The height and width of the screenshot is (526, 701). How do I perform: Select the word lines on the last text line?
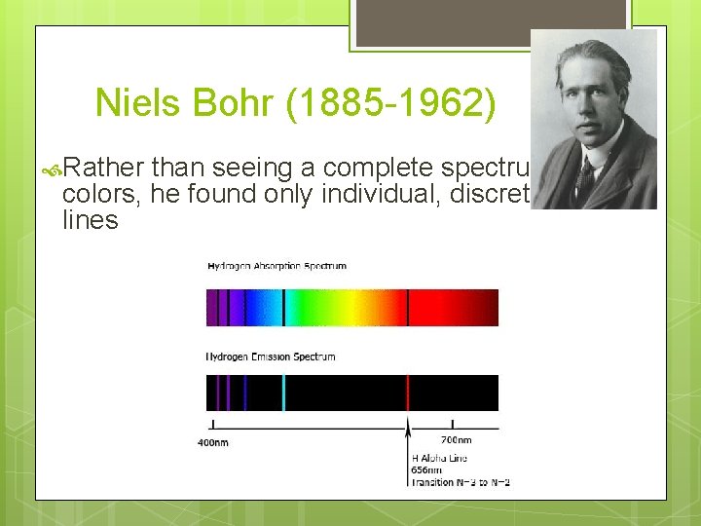click(90, 221)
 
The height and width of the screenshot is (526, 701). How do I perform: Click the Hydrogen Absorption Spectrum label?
click(276, 266)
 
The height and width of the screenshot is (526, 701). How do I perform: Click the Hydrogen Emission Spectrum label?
click(270, 357)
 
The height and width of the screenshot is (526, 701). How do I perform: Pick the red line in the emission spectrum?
click(407, 393)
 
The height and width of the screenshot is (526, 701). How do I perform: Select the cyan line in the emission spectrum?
click(283, 393)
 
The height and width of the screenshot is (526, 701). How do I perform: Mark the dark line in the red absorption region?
click(407, 307)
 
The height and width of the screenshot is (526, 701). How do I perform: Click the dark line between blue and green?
click(283, 307)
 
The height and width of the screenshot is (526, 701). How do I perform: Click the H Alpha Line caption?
click(438, 458)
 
